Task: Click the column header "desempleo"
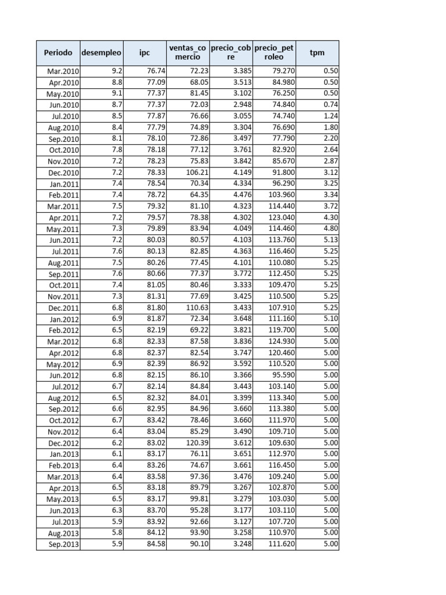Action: click(x=102, y=53)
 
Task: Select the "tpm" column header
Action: click(x=317, y=53)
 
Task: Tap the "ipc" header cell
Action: click(x=145, y=53)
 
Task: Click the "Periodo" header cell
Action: click(x=58, y=53)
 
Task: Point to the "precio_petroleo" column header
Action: click(x=274, y=53)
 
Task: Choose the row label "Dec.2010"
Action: click(x=64, y=173)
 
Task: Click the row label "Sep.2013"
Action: click(x=64, y=544)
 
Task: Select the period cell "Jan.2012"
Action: click(x=64, y=319)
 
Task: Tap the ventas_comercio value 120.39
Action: click(x=198, y=443)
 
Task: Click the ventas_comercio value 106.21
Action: click(x=198, y=173)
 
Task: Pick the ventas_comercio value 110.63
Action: click(x=198, y=308)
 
